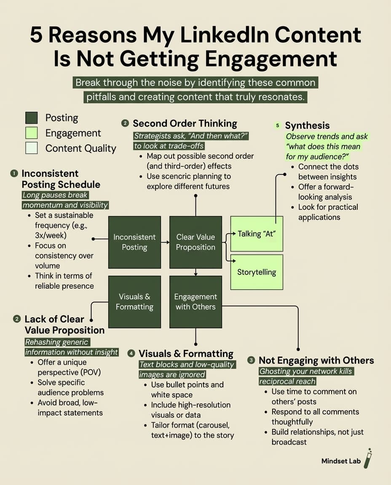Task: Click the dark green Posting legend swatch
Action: pyautogui.click(x=31, y=118)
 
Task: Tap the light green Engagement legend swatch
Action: pyautogui.click(x=31, y=133)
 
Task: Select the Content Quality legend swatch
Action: pyautogui.click(x=31, y=148)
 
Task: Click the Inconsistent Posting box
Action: pyautogui.click(x=134, y=242)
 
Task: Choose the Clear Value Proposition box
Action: pyautogui.click(x=195, y=242)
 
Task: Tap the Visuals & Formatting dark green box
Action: pyautogui.click(x=134, y=302)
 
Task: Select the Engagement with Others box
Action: pyautogui.click(x=195, y=302)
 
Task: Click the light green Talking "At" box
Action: pyautogui.click(x=257, y=234)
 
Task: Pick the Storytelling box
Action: pyautogui.click(x=257, y=272)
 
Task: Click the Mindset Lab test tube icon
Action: pyautogui.click(x=368, y=458)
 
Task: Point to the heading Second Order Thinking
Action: pyautogui.click(x=185, y=123)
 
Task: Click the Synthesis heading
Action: pyautogui.click(x=307, y=125)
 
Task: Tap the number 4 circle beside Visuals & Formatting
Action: pyautogui.click(x=131, y=354)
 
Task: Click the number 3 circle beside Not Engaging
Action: pyautogui.click(x=252, y=360)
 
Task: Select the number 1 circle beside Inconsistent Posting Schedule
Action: pyautogui.click(x=14, y=173)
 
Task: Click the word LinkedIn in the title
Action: pyautogui.click(x=224, y=35)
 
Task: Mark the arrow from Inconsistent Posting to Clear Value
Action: pyautogui.click(x=165, y=242)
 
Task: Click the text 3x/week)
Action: pyautogui.click(x=51, y=235)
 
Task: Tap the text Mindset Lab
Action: pyautogui.click(x=341, y=461)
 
